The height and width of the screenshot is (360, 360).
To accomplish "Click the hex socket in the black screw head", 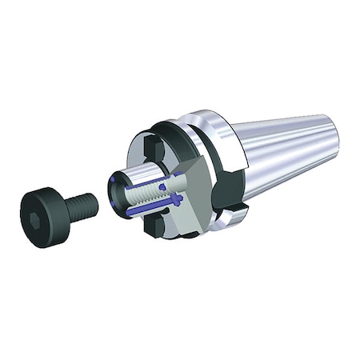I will pos(37,198).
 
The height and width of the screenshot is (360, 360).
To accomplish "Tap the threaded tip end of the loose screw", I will pos(94,205).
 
